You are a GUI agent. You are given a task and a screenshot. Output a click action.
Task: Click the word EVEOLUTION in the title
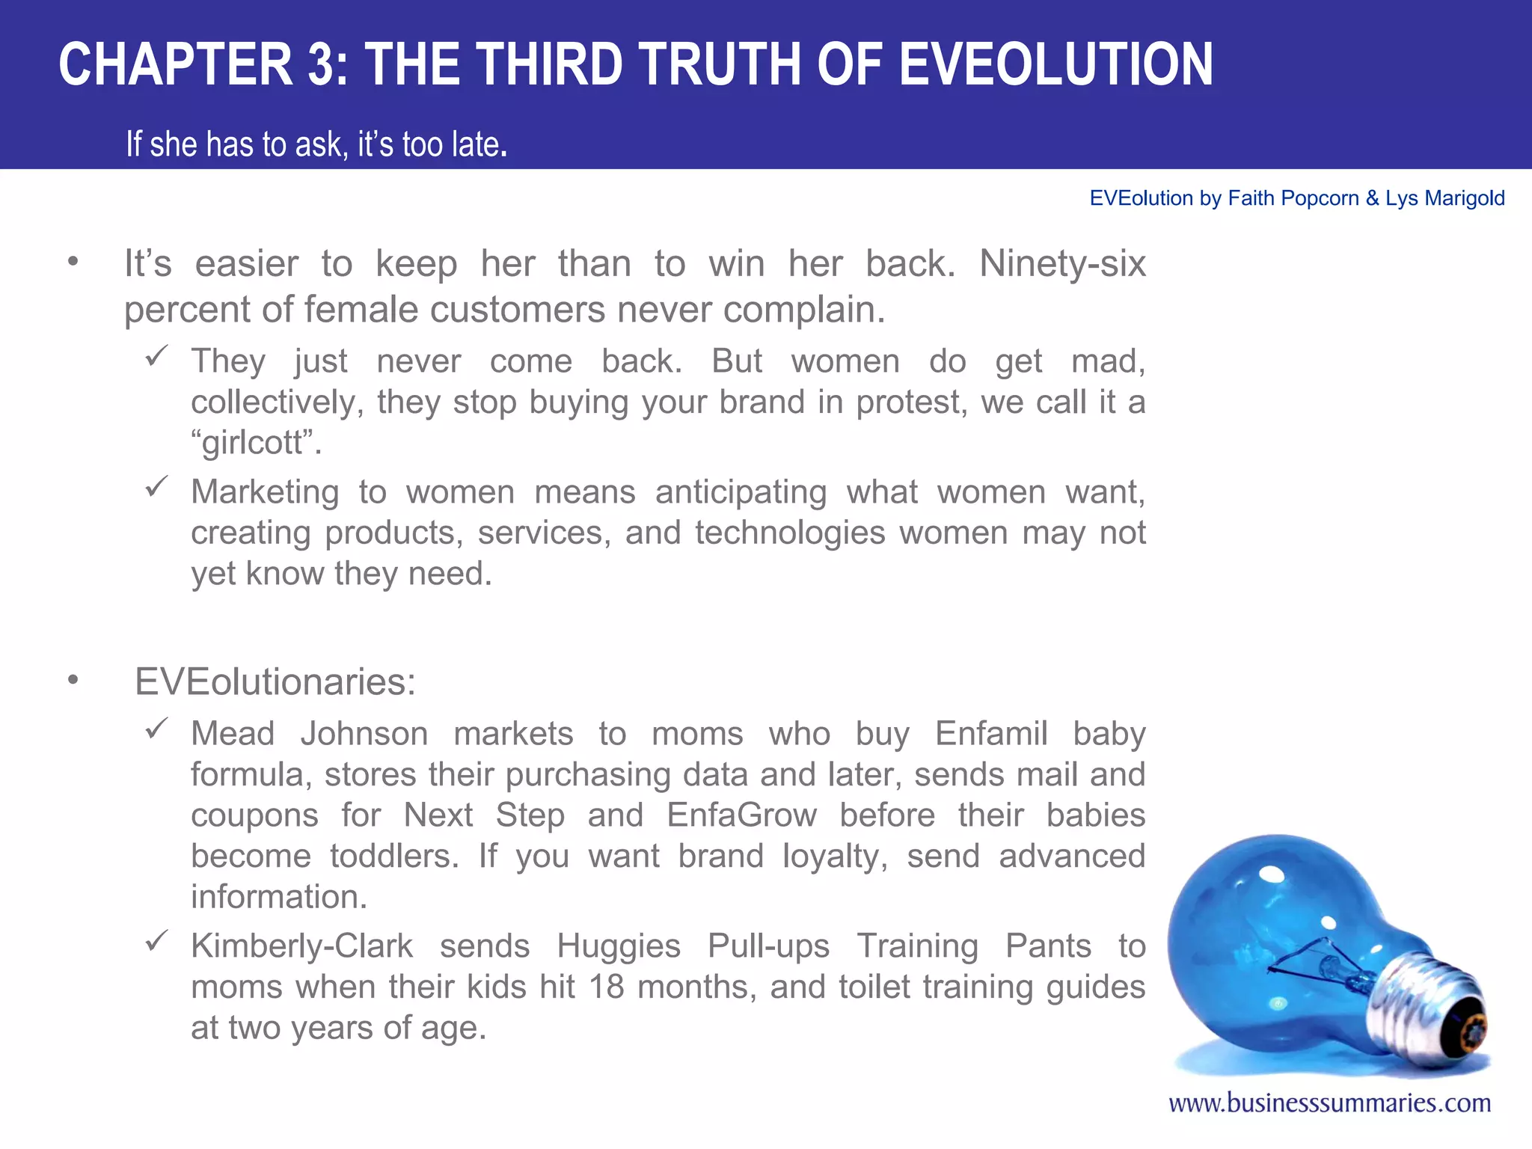[1055, 65]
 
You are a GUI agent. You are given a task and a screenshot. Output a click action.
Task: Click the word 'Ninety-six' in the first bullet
[1062, 264]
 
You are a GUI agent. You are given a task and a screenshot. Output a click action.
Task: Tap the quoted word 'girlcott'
[256, 442]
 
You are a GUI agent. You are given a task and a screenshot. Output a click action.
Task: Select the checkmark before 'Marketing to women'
[156, 487]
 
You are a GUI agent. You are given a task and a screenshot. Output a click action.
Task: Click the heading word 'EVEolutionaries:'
[275, 681]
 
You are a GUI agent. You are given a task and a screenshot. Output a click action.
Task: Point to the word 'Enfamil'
[990, 734]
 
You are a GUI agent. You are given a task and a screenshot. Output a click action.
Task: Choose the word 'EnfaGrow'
[741, 815]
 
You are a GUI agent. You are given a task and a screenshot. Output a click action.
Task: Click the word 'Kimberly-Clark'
[301, 946]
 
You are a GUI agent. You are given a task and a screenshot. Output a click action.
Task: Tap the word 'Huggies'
[619, 946]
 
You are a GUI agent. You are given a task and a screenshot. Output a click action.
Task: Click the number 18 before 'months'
[606, 987]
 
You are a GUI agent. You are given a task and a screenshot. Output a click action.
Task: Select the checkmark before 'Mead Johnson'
[156, 729]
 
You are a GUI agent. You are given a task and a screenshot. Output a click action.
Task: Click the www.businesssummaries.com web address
[1329, 1103]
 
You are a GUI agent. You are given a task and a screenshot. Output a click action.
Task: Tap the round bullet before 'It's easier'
[73, 262]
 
